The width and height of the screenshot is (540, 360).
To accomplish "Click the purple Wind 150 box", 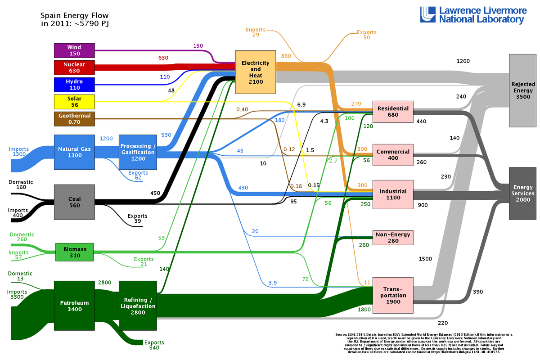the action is coord(74,50).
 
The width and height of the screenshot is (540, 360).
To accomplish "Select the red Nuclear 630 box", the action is coord(74,67).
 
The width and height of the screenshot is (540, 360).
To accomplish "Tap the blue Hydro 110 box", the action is coord(74,85).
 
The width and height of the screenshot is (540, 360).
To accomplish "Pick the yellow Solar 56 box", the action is coord(74,102).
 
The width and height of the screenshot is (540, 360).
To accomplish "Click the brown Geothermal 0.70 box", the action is coord(74,119).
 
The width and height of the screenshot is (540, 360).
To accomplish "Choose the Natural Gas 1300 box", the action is coord(74,152).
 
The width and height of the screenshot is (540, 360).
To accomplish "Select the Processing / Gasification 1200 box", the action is coord(138,152).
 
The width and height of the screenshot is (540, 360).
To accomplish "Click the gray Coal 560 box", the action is coord(74,202).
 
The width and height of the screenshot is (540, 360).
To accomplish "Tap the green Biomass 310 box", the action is coord(75,252).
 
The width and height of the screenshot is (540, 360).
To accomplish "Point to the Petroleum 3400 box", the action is coord(74,306).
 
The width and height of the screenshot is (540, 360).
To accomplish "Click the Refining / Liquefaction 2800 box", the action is coord(138,306).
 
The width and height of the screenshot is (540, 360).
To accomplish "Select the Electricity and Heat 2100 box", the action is coord(256,72).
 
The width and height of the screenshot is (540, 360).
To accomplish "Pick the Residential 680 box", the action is coord(393,112).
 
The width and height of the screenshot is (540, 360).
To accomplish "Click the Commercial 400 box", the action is coord(393,155).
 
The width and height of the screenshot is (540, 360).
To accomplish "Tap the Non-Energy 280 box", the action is coord(393,238).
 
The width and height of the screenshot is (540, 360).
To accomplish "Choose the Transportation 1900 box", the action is coord(393,295).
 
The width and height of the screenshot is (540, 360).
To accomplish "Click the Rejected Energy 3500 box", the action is coord(522,90).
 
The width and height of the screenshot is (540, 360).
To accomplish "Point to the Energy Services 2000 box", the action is coord(522,193).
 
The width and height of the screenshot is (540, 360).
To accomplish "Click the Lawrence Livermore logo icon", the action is coord(428,14).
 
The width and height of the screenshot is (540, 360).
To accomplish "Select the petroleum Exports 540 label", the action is coord(154,345).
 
